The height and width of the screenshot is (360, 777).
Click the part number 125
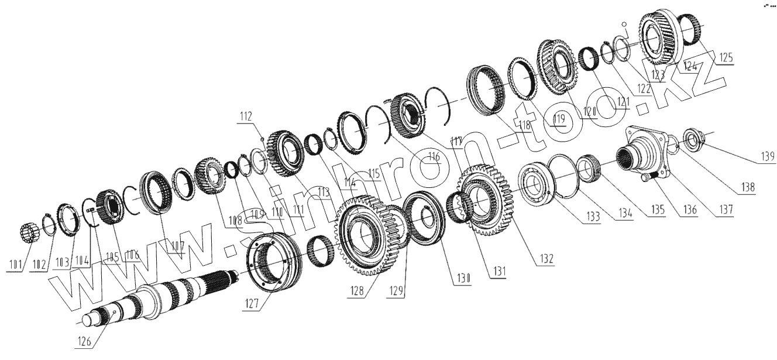[725, 58]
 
